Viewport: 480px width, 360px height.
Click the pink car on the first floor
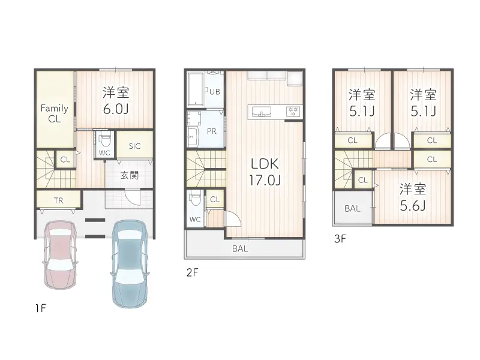(x=61, y=254)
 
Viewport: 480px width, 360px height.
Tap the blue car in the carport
(x=130, y=263)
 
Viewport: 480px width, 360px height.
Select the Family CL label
(x=55, y=113)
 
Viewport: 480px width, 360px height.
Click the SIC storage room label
(x=134, y=146)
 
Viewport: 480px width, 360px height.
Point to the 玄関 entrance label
(x=130, y=175)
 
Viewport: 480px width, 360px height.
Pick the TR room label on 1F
(x=58, y=200)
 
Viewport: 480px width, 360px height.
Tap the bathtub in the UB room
(x=195, y=89)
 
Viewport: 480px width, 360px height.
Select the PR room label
(x=212, y=131)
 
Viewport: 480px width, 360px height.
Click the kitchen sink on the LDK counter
(x=261, y=112)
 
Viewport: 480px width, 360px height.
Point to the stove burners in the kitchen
(x=293, y=111)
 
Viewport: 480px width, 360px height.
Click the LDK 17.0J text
(x=265, y=172)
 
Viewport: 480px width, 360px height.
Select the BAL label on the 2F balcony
(x=239, y=248)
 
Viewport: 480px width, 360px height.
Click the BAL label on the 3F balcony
(x=352, y=208)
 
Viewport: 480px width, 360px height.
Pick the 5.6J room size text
(x=413, y=206)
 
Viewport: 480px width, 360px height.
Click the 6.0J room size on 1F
(x=116, y=109)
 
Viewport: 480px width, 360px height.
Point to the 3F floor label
(x=340, y=238)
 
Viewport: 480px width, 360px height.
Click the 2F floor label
(x=192, y=272)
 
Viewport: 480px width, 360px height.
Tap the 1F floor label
(x=40, y=308)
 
